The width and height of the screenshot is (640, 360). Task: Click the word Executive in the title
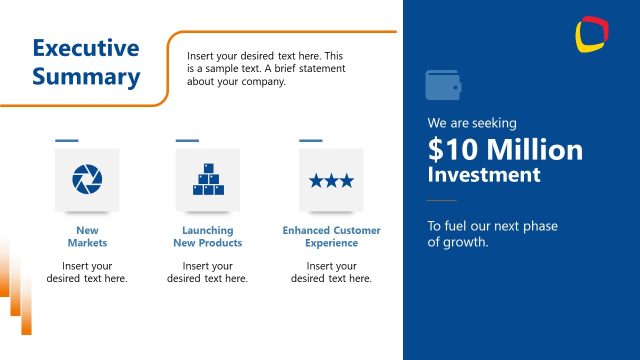pyautogui.click(x=85, y=48)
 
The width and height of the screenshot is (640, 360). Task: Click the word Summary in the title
pyautogui.click(x=85, y=76)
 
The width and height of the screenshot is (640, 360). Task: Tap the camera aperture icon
pyautogui.click(x=87, y=180)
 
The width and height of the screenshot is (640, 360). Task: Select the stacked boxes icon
pyautogui.click(x=207, y=180)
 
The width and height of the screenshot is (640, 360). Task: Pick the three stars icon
pyautogui.click(x=331, y=180)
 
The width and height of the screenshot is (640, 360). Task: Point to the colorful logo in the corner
pyautogui.click(x=592, y=34)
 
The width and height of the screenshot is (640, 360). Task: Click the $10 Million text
pyautogui.click(x=505, y=150)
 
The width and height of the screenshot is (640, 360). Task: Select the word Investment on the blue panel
pyautogui.click(x=484, y=175)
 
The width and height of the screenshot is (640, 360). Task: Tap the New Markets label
pyautogui.click(x=87, y=237)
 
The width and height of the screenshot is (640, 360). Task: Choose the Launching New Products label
pyautogui.click(x=207, y=237)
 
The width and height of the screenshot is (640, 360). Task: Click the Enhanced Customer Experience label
pyautogui.click(x=331, y=237)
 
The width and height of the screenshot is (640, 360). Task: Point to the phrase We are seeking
pyautogui.click(x=472, y=123)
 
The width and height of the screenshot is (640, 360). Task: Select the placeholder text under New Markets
pyautogui.click(x=87, y=272)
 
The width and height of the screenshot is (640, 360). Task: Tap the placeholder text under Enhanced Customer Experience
pyautogui.click(x=331, y=272)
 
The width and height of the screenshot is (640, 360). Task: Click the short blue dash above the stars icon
pyautogui.click(x=311, y=140)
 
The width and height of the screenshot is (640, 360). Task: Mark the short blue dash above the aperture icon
pyautogui.click(x=67, y=140)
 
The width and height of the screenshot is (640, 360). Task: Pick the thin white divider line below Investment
pyautogui.click(x=441, y=202)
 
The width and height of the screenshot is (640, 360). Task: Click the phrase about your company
pyautogui.click(x=236, y=82)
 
